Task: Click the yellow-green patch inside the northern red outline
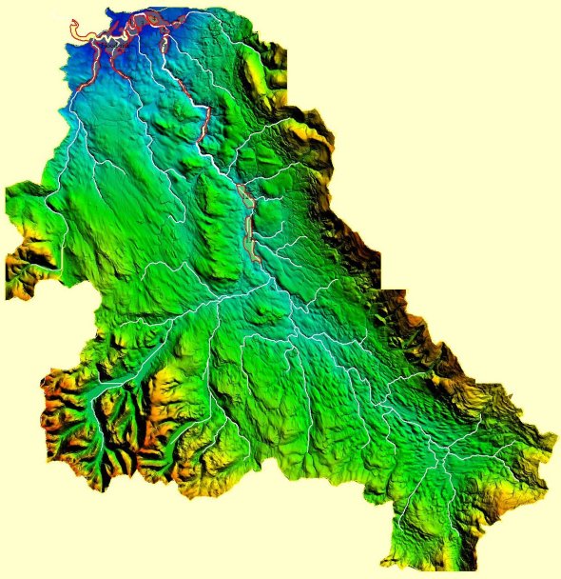coord(152,19)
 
